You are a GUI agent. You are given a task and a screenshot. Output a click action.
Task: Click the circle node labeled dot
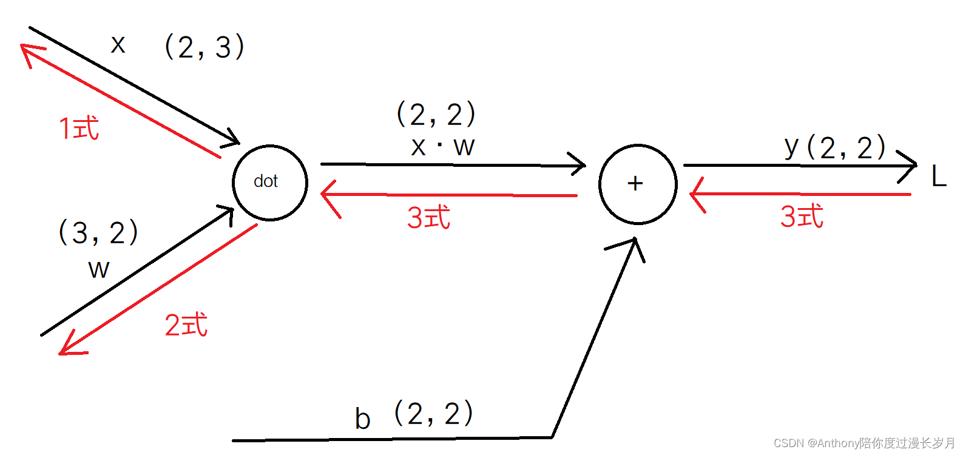pos(270,183)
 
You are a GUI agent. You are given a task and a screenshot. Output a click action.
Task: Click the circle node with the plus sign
pos(638,184)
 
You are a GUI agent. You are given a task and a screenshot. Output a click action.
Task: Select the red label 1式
pos(79,129)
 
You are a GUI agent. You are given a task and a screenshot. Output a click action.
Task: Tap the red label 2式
pos(186,325)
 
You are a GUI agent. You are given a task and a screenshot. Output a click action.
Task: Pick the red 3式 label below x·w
pos(428,217)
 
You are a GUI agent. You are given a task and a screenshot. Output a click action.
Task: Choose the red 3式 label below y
pos(802,216)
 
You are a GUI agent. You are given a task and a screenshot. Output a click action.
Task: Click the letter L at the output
pos(939,177)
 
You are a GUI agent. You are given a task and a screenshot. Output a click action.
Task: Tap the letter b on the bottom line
pos(362,419)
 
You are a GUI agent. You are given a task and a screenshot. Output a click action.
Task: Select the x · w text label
pos(442,147)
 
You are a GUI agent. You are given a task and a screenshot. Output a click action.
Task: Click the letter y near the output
pos(791,146)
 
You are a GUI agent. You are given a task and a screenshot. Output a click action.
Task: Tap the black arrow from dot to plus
pos(452,164)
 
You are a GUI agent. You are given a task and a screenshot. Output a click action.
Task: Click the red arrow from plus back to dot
pos(449,195)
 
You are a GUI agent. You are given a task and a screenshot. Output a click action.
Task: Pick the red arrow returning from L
pos(801,194)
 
